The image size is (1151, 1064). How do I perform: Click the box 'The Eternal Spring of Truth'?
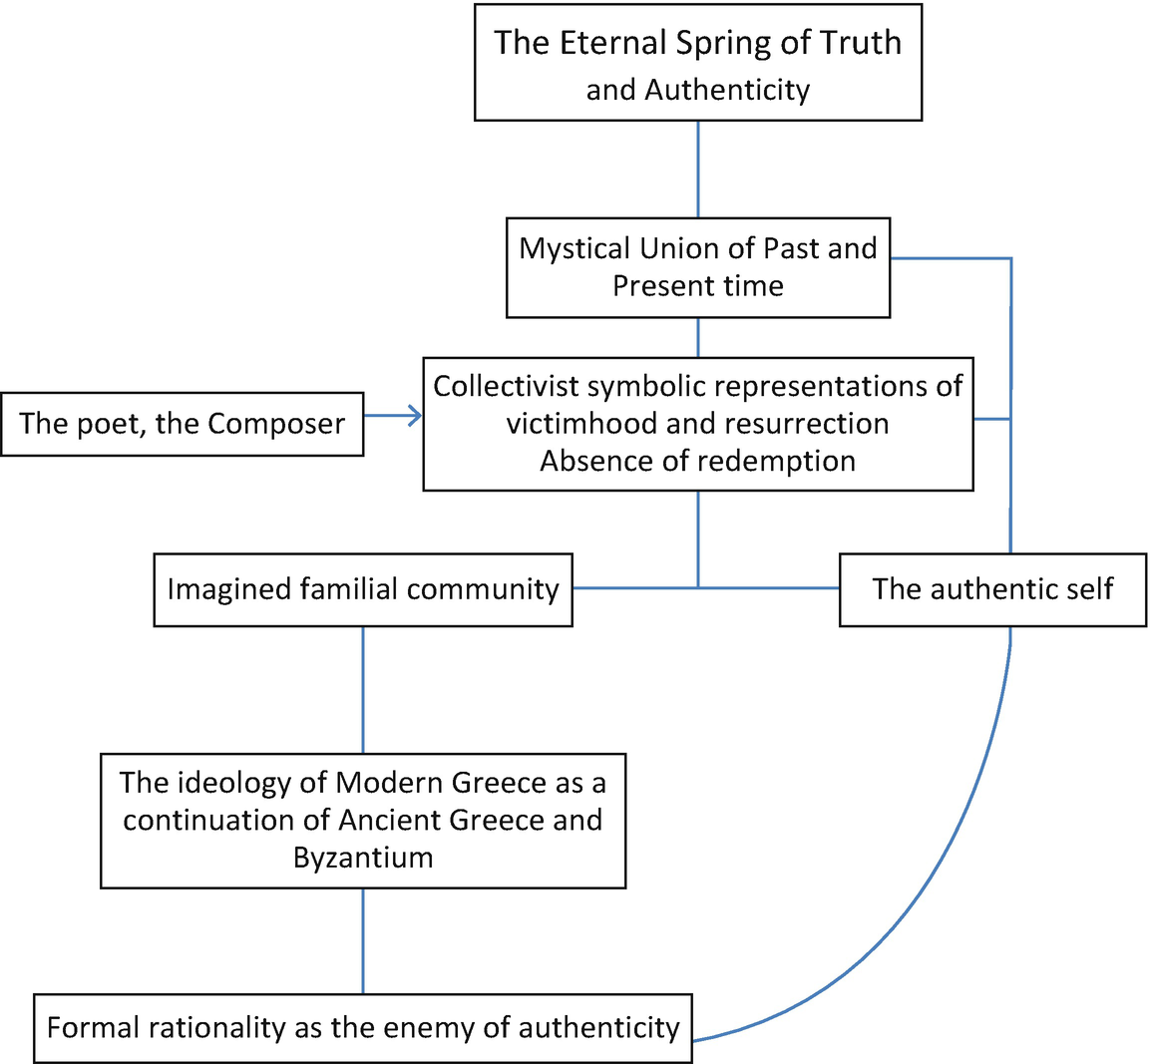(x=697, y=63)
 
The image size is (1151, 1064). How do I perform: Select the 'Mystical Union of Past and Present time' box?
(x=697, y=267)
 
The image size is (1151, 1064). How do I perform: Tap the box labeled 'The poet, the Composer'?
(x=182, y=424)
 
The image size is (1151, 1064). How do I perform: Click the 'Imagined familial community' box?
(x=362, y=589)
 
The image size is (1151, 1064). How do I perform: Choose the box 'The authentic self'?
(x=992, y=589)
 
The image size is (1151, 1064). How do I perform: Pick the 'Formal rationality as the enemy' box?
(x=363, y=1028)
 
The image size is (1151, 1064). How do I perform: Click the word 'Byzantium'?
(x=363, y=858)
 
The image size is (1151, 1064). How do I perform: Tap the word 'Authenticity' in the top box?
(x=727, y=90)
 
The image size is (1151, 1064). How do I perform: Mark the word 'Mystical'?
(x=575, y=248)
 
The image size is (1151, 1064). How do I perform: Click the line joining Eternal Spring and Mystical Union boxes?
(x=697, y=170)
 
